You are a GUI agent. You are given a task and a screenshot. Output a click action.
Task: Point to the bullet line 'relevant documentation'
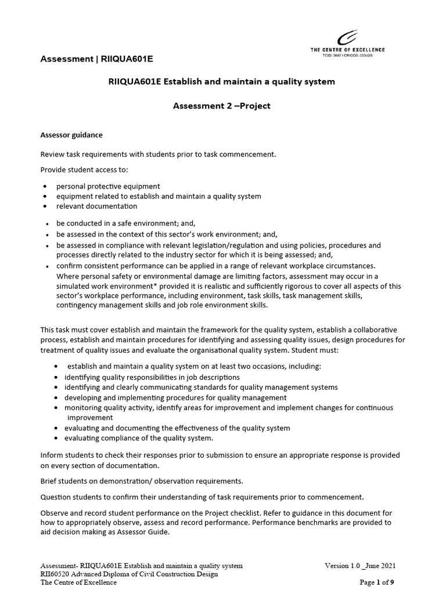[97, 206]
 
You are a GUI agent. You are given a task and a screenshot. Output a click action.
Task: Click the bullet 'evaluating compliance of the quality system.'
[139, 438]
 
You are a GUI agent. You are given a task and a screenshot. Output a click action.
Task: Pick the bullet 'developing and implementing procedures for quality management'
[175, 397]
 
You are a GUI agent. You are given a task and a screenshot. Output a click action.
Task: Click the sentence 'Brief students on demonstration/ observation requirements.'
[142, 481]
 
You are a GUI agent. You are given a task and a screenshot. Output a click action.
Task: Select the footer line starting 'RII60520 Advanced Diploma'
[129, 574]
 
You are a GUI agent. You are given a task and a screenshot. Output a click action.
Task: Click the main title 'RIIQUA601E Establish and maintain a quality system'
[222, 82]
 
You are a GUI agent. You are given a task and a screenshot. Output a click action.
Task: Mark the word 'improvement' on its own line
[90, 418]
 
